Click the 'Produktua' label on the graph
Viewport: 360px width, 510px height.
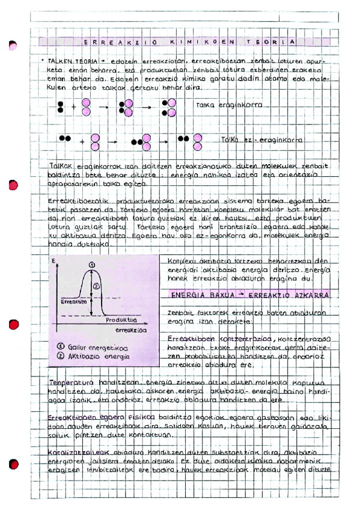click(x=117, y=321)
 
